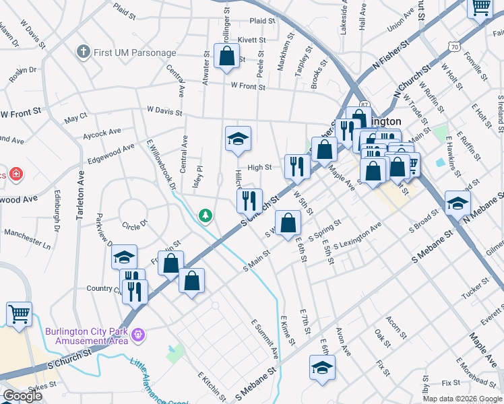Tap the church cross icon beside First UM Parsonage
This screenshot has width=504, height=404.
(x=83, y=51)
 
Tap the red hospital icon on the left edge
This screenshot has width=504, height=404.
(x=16, y=175)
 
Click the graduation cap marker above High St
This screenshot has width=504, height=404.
(x=238, y=139)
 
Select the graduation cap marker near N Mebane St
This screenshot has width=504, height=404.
(x=458, y=204)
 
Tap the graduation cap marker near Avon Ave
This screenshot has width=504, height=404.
(x=323, y=368)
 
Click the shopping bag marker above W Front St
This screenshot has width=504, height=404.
(x=226, y=56)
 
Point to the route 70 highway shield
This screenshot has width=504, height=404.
(x=455, y=46)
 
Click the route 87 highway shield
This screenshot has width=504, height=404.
(x=365, y=105)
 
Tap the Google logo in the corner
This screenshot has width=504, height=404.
(x=23, y=396)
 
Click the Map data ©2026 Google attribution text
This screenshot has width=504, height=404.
(x=462, y=399)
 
